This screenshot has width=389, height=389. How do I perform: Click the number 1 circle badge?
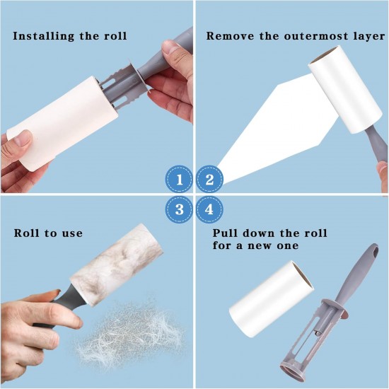pyautogui.click(x=180, y=179)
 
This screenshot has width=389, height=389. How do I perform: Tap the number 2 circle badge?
pyautogui.click(x=209, y=179)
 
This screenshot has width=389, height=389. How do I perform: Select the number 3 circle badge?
pyautogui.click(x=180, y=209)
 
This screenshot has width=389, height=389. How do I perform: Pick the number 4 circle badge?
pyautogui.click(x=209, y=209)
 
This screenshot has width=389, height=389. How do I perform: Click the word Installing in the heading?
pyautogui.click(x=43, y=36)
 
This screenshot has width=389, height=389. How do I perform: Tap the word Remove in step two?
pyautogui.click(x=230, y=36)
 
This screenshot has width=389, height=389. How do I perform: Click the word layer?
pyautogui.click(x=369, y=37)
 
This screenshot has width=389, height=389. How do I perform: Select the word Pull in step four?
pyautogui.click(x=225, y=233)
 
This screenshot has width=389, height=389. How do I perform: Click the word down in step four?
pyautogui.click(x=258, y=233)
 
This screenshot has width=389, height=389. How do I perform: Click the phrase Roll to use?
pyautogui.click(x=48, y=233)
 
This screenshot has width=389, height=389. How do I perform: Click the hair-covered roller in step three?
pyautogui.click(x=117, y=265)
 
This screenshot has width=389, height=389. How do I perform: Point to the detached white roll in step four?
pyautogui.click(x=271, y=298)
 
